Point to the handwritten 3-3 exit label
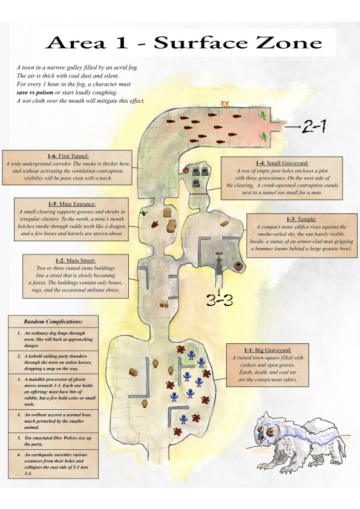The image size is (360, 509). (x=220, y=300)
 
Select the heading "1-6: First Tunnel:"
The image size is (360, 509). (x=68, y=156)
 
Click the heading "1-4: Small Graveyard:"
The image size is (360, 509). (x=282, y=163)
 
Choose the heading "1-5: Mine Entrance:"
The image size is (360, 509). (x=72, y=204)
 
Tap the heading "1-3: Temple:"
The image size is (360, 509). (x=301, y=219)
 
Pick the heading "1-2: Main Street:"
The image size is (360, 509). (x=76, y=261)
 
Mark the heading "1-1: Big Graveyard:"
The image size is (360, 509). (x=267, y=350)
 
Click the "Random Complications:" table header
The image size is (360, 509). (x=53, y=322)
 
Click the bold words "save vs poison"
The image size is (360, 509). (x=34, y=92)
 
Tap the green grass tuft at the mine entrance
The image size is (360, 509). (x=143, y=213)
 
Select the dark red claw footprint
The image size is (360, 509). (x=155, y=224)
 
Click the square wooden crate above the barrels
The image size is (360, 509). (x=167, y=213)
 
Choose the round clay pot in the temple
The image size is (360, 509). (x=238, y=266)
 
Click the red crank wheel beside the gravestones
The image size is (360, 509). (x=186, y=170)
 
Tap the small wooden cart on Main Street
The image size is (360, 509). (x=164, y=303)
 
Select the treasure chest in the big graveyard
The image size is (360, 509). (x=134, y=372)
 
